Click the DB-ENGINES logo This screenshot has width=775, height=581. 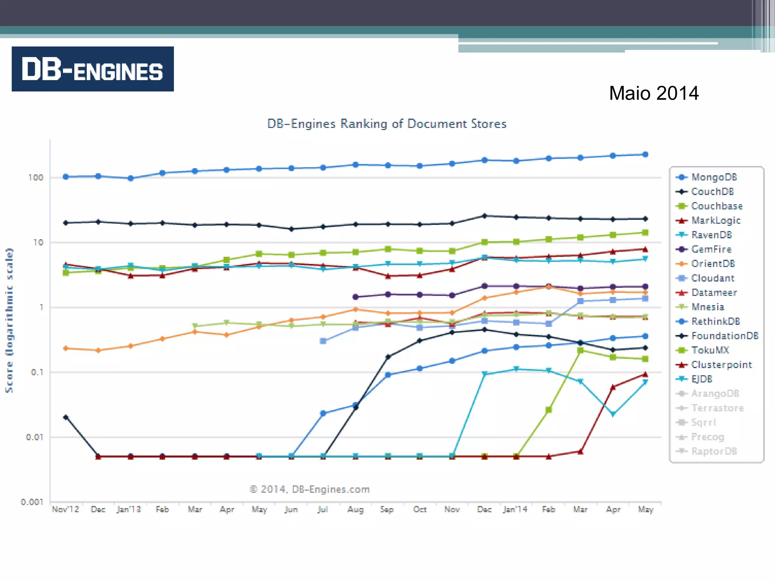[93, 69]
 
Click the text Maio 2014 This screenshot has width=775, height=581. [654, 93]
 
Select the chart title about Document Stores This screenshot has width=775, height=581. [387, 124]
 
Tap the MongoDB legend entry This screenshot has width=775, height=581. [713, 177]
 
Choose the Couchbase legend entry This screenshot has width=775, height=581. [716, 206]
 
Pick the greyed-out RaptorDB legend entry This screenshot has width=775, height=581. [714, 451]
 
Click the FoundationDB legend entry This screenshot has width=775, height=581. [724, 336]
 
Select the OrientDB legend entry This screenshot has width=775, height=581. [713, 264]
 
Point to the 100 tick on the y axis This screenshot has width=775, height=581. [36, 177]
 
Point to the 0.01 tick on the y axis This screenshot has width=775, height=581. [34, 437]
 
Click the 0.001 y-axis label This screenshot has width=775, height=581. [32, 502]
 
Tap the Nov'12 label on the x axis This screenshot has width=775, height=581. [65, 509]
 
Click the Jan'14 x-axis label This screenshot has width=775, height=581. [515, 509]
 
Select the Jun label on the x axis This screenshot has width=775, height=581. [291, 509]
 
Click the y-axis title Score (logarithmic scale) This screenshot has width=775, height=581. [9, 320]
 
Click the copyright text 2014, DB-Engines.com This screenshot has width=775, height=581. [310, 489]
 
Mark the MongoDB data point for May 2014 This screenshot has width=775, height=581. [646, 154]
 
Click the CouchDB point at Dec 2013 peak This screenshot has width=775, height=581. [484, 216]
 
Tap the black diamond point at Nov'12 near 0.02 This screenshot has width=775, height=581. [66, 417]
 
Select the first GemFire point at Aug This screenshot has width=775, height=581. [355, 297]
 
